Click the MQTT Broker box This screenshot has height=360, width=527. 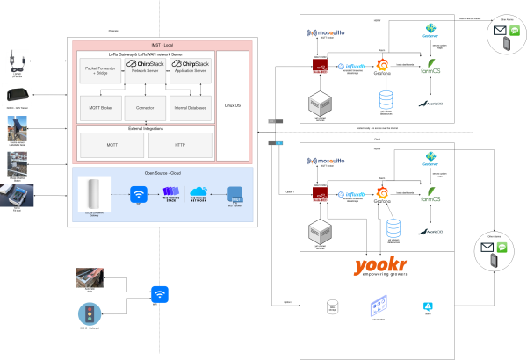click(102, 110)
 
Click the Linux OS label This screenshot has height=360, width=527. click(234, 106)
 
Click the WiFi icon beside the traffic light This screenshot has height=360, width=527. click(159, 294)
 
